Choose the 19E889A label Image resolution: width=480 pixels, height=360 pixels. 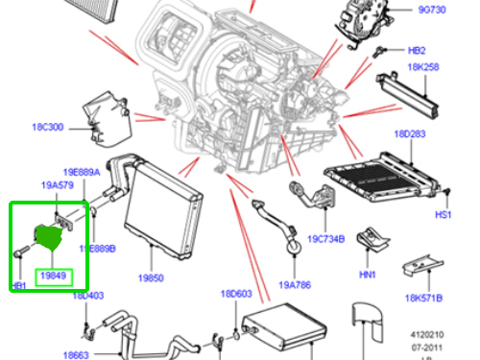click(x=83, y=173)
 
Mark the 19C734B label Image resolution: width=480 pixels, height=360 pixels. click(x=327, y=239)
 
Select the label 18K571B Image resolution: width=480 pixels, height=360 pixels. click(x=422, y=298)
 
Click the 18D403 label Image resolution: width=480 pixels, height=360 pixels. click(x=88, y=296)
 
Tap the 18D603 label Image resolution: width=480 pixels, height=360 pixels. click(x=235, y=294)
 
